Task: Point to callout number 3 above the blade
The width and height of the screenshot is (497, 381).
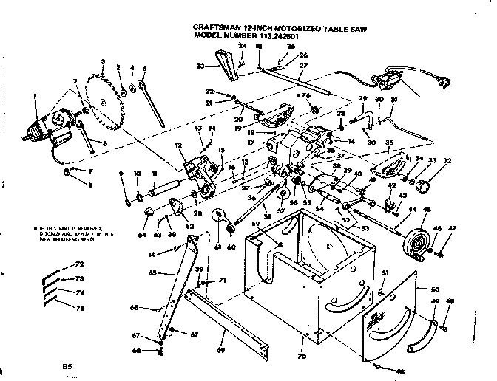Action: [103, 61]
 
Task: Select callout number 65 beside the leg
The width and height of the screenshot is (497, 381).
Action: [152, 272]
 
